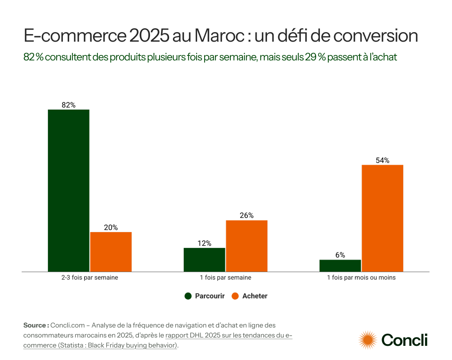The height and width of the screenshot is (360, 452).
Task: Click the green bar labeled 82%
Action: pos(69,190)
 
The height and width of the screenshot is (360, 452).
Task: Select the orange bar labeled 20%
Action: pos(111,252)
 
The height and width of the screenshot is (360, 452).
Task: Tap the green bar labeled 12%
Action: pos(205,260)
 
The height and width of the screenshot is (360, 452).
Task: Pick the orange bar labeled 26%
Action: pos(247,246)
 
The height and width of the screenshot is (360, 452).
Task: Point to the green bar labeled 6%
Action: pos(340,265)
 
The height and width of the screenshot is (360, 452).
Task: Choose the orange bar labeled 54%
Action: pos(382,218)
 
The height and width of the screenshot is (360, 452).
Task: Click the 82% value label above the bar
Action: pos(69,105)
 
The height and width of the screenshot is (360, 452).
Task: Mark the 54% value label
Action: pos(382,160)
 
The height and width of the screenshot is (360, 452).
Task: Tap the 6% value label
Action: pos(340,255)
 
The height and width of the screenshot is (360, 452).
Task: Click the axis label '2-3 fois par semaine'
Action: pos(90,277)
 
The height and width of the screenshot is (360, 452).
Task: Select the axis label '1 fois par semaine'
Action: pos(225,277)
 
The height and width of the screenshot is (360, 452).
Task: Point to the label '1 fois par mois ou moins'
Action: pos(361,277)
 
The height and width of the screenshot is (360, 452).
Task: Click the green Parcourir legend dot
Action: pos(188,296)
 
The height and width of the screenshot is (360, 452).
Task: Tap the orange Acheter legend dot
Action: pos(235,296)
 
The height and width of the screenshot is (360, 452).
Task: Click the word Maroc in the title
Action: pos(219,36)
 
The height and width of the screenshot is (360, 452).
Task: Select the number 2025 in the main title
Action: pos(148,36)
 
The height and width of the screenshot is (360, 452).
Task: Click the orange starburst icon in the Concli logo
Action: pos(368,340)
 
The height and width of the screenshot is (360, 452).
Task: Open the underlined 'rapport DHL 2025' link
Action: pos(192,335)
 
